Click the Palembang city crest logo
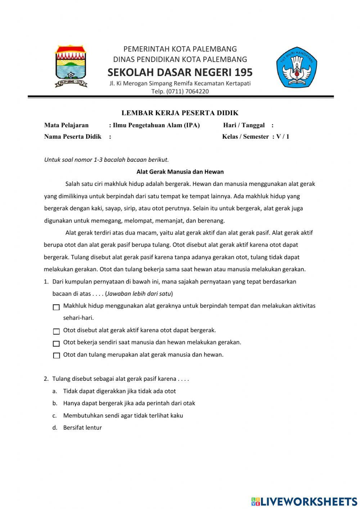click(71, 66)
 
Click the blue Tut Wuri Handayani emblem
click(296, 67)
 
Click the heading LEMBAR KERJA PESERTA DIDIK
click(180, 113)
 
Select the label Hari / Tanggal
click(244, 125)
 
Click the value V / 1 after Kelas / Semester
click(283, 137)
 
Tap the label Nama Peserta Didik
click(73, 137)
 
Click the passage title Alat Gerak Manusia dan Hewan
click(180, 172)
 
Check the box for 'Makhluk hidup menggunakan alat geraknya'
click(56, 307)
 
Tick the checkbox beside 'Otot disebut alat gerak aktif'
click(56, 331)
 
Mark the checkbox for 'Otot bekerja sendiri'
click(56, 344)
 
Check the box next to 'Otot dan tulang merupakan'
click(56, 356)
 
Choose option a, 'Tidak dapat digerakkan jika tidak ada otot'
click(119, 391)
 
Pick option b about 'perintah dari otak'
click(129, 403)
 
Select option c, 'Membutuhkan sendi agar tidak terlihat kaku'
click(123, 415)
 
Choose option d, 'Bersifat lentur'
click(82, 428)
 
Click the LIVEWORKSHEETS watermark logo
click(304, 501)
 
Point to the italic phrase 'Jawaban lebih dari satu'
click(139, 294)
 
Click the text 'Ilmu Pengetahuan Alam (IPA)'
click(156, 125)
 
